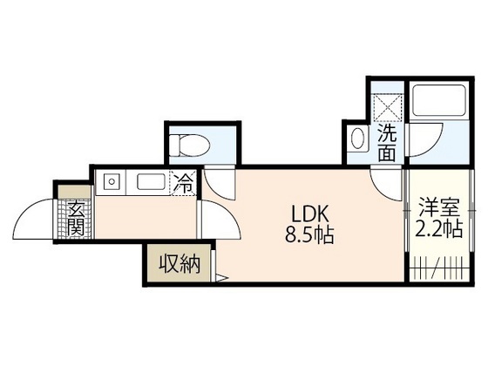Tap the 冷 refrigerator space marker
click(x=185, y=183)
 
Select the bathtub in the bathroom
click(x=439, y=102)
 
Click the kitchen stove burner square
click(x=112, y=183)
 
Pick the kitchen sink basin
click(x=150, y=183)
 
